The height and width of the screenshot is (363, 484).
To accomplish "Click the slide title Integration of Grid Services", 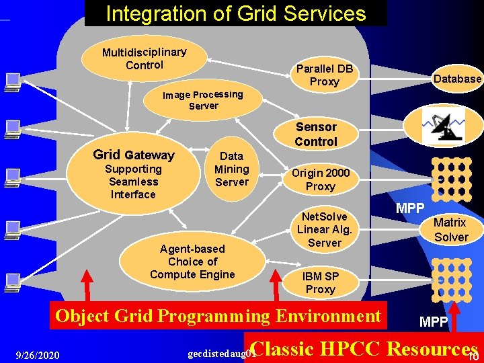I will pyautogui.click(x=236, y=13).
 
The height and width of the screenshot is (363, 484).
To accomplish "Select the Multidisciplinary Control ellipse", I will pyautogui.click(x=144, y=58).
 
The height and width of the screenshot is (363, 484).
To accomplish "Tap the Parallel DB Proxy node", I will pyautogui.click(x=325, y=75).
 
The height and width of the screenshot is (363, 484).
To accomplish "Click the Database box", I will pyautogui.click(x=457, y=79).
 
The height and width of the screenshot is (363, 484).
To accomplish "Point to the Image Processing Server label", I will pyautogui.click(x=203, y=100).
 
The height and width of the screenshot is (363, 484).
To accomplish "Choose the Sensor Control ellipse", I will pyautogui.click(x=316, y=134).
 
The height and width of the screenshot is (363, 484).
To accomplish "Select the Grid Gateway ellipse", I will pyautogui.click(x=133, y=174).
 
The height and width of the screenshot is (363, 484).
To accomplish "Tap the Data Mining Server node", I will pyautogui.click(x=231, y=169).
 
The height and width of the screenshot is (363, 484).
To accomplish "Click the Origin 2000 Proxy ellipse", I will pyautogui.click(x=321, y=179).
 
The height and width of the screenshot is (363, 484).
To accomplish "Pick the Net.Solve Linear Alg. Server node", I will pyautogui.click(x=324, y=229).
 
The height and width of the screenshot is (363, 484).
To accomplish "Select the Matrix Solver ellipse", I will pyautogui.click(x=450, y=229).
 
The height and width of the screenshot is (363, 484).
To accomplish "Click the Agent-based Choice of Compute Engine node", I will pyautogui.click(x=192, y=261).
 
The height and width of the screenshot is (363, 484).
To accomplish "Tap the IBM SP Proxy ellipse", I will pyautogui.click(x=321, y=282).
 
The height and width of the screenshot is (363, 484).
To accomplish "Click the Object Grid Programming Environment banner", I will pyautogui.click(x=218, y=316).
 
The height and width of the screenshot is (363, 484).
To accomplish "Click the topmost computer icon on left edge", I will pyautogui.click(x=11, y=82).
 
